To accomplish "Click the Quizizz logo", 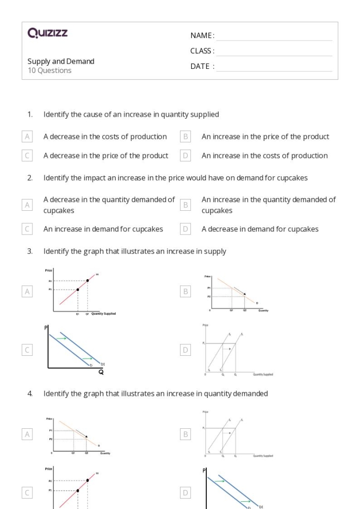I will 47,34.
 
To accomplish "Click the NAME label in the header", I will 202,35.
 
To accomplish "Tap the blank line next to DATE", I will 274,66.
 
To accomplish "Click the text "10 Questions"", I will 49,70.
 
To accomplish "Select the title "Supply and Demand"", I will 61,61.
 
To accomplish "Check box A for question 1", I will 28,137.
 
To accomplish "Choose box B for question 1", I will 186,137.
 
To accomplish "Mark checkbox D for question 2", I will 186,229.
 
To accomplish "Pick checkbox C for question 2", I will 28,229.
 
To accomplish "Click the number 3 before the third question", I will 30,251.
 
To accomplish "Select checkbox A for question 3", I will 28,292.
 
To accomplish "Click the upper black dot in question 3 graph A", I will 87,280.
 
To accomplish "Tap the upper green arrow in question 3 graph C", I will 61,338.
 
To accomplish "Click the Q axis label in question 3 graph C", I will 101,373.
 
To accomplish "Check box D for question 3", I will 186,350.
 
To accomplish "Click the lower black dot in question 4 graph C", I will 78,490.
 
